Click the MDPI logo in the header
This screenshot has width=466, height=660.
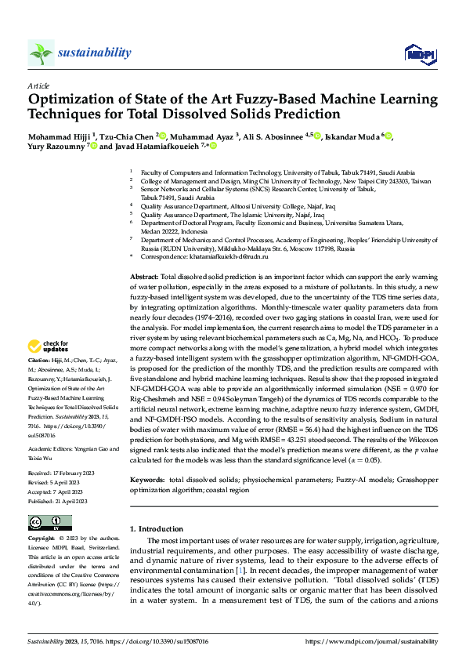point(418,53)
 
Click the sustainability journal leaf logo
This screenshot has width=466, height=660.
point(41,53)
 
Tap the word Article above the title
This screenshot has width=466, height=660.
point(38,85)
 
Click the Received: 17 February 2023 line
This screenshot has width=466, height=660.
point(62,473)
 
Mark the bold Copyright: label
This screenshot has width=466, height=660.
point(42,539)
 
